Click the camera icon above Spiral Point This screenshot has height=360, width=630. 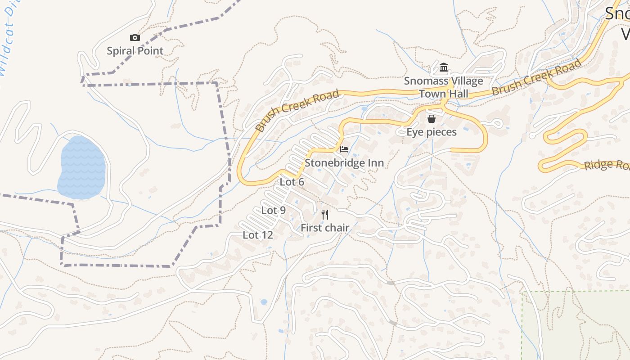tap(135, 38)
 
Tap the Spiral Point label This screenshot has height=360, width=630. tap(135, 51)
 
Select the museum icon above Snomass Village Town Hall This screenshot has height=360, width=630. tap(444, 68)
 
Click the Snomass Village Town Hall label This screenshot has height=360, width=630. tap(444, 87)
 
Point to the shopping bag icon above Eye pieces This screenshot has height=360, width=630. tap(432, 119)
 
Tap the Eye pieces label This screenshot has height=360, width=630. tap(432, 132)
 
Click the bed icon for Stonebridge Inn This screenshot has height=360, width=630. tap(344, 149)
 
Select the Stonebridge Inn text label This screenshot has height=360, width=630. tap(344, 163)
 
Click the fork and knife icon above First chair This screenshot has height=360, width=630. tap(325, 215)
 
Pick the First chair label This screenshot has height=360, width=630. tap(325, 228)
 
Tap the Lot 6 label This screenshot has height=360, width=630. tap(292, 182)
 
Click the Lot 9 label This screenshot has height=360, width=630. tap(274, 211)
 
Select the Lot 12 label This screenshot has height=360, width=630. tap(258, 235)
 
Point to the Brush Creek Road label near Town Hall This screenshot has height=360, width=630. tap(536, 77)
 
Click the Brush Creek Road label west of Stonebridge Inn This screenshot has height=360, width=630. tap(297, 111)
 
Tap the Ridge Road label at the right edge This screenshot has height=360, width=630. tap(607, 165)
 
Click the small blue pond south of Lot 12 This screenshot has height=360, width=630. tap(264, 302)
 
